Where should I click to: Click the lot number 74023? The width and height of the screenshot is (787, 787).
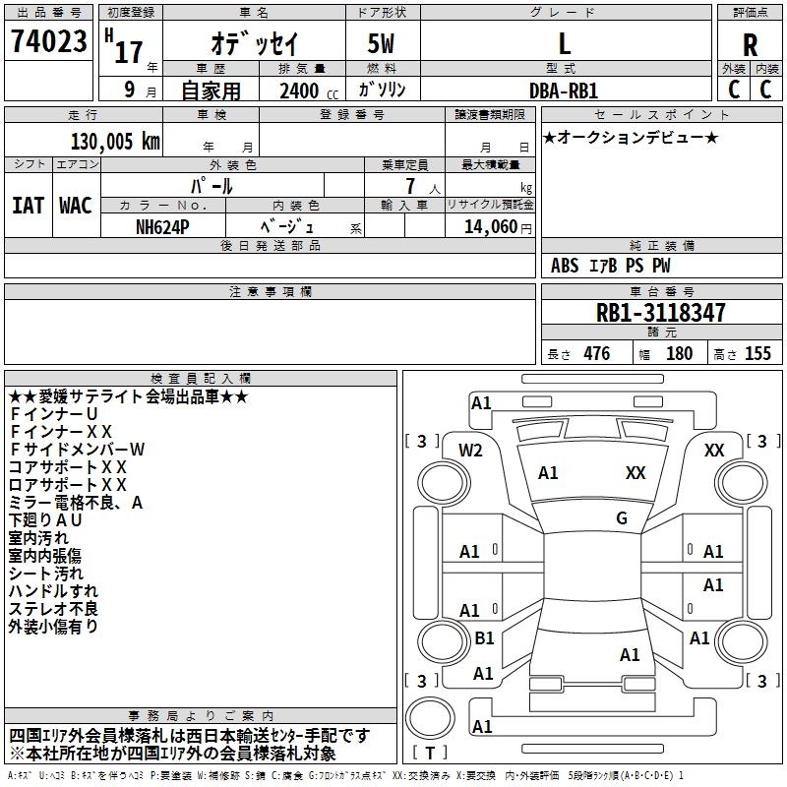(48, 40)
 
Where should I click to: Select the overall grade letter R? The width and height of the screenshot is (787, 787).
(750, 45)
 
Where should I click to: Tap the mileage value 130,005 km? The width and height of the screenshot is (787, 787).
(115, 142)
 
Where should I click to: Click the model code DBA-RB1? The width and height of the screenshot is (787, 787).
(564, 91)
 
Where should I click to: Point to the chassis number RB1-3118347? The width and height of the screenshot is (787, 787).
(660, 313)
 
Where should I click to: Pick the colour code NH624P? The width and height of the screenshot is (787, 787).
(162, 227)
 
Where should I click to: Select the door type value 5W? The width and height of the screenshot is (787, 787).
(381, 43)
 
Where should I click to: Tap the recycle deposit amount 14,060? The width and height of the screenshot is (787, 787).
(491, 227)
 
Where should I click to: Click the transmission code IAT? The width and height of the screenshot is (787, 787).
(28, 206)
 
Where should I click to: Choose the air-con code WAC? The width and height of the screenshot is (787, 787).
(76, 206)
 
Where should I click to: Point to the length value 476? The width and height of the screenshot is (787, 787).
(597, 353)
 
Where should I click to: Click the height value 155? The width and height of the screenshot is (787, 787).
(757, 353)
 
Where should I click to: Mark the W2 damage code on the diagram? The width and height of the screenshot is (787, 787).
(470, 451)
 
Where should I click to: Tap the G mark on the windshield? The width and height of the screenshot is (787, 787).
(622, 518)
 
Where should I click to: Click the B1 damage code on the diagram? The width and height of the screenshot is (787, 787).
(484, 637)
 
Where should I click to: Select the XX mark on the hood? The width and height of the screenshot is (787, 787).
(636, 472)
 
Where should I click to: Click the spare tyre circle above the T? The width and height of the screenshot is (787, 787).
(430, 718)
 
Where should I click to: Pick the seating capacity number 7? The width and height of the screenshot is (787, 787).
(410, 186)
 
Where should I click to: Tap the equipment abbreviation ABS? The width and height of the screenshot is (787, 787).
(565, 266)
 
